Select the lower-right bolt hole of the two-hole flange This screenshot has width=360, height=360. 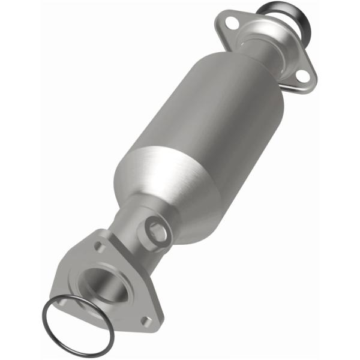coord(302,76)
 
